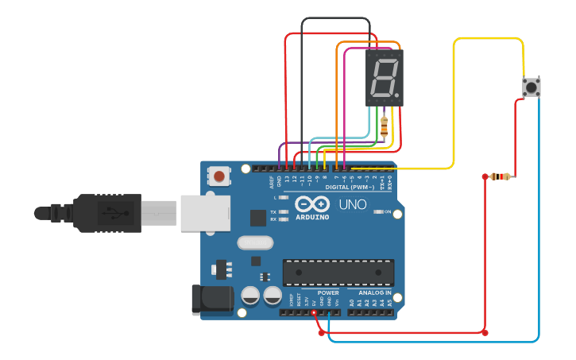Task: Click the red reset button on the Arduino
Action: (x=218, y=175)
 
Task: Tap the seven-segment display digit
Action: (x=385, y=78)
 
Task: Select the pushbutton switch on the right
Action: (x=531, y=87)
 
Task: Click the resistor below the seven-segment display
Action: (x=385, y=126)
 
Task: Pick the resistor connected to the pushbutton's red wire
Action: (x=500, y=176)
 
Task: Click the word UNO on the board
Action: (x=354, y=204)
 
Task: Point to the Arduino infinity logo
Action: (x=311, y=204)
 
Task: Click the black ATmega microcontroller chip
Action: (x=338, y=272)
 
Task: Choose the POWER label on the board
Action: (x=327, y=292)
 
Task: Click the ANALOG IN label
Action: (x=369, y=292)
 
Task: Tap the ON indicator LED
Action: (x=378, y=212)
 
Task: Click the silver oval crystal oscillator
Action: (x=255, y=242)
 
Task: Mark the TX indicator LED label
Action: (x=273, y=212)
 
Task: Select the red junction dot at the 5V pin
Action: (x=314, y=313)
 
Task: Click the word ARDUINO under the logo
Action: (x=312, y=217)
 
